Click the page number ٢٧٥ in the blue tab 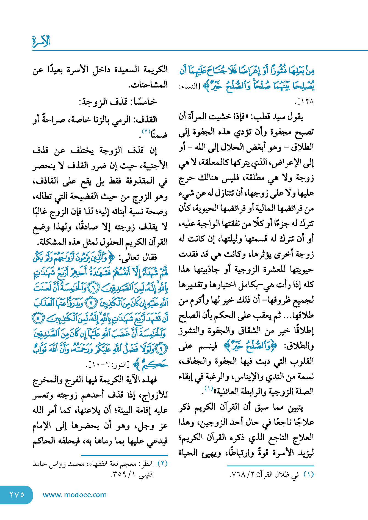click(x=17, y=494)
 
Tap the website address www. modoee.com click(x=74, y=495)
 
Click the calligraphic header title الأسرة click(x=41, y=41)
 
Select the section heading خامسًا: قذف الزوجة click(x=118, y=102)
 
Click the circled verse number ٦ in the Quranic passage click(x=94, y=288)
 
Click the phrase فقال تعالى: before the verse click(x=138, y=257)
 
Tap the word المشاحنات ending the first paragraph click(x=148, y=84)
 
